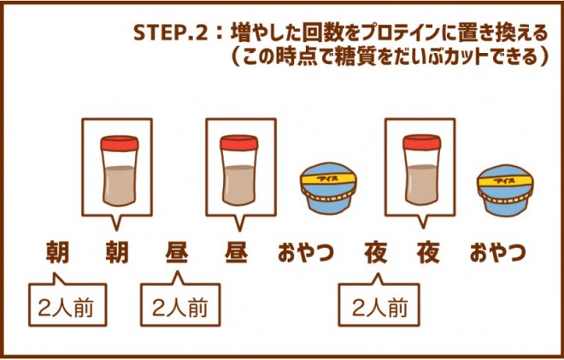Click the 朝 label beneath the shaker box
click(116, 254)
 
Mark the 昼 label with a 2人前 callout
click(177, 254)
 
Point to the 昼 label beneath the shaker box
click(236, 254)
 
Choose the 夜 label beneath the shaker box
click(428, 254)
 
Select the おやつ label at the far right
click(496, 254)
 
